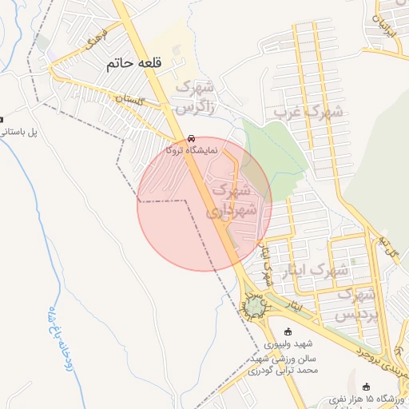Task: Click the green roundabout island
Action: pyautogui.click(x=256, y=305)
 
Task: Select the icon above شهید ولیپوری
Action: pyautogui.click(x=288, y=332)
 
